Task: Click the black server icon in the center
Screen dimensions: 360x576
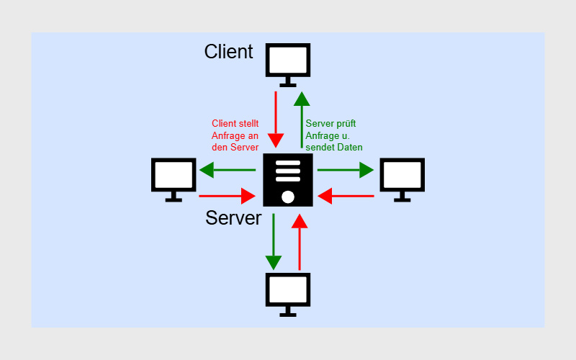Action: point(288,180)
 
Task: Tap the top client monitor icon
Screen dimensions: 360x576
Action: point(288,63)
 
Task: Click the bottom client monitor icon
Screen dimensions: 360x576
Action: point(288,293)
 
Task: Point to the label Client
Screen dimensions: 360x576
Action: point(228,52)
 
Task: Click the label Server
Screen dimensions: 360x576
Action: point(233,217)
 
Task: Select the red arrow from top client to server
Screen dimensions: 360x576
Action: point(275,119)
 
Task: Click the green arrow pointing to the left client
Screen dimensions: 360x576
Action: point(228,170)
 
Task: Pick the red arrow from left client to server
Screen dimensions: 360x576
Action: point(228,195)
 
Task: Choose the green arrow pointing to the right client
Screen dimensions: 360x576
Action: point(346,170)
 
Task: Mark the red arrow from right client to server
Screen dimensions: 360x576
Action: point(346,195)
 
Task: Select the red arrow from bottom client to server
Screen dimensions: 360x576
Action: point(300,242)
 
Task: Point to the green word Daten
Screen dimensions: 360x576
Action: point(349,146)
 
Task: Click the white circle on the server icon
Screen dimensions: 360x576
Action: point(288,197)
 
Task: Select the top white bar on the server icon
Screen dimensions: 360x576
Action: point(288,163)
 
